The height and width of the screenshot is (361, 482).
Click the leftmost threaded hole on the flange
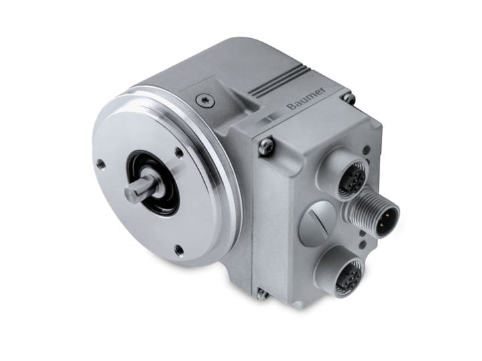tap(100, 162)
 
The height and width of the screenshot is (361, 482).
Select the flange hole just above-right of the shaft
tap(179, 152)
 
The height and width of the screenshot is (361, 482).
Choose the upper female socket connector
tap(353, 179)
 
